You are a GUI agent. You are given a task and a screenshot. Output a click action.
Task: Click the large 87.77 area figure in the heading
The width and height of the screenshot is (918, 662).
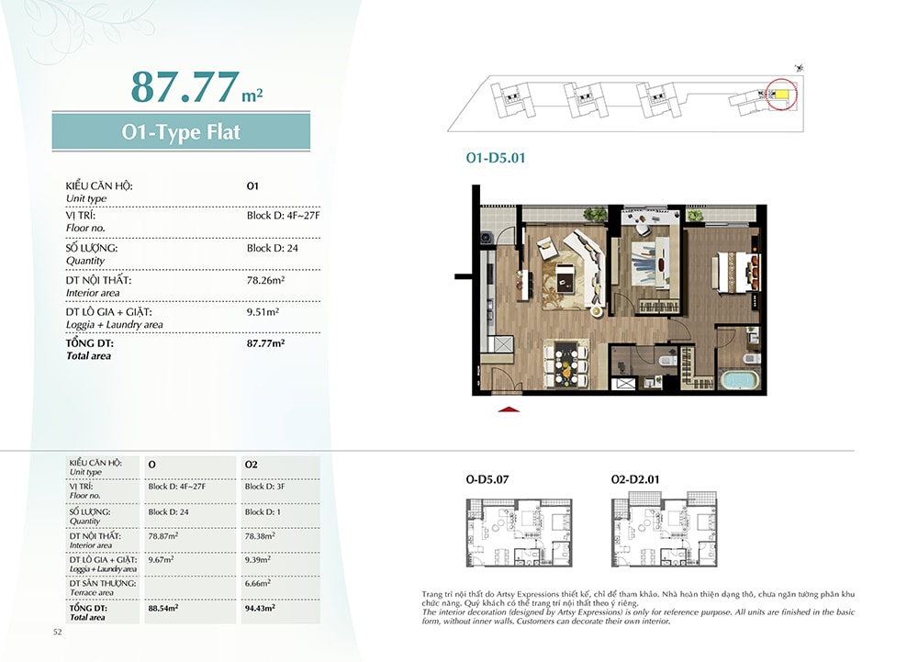(185, 86)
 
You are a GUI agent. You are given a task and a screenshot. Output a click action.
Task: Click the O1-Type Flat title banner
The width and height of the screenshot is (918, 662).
(181, 131)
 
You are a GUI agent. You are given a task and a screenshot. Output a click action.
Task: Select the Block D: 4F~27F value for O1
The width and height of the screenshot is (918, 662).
(283, 216)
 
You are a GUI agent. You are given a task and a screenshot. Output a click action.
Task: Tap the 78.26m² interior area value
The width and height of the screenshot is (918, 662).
(265, 280)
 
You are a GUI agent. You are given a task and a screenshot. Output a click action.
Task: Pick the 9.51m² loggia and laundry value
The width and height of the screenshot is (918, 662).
(263, 311)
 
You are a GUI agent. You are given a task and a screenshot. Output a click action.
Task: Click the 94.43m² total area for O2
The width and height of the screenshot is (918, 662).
(260, 608)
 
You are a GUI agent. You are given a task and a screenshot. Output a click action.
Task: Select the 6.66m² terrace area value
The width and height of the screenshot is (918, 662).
(257, 584)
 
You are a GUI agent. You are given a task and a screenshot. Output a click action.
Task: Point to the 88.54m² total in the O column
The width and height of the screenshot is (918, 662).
(162, 608)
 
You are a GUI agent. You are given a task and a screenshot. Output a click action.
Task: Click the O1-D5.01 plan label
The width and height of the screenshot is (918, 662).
(496, 157)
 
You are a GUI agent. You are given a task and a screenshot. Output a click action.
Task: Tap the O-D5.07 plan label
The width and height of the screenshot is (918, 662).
(487, 479)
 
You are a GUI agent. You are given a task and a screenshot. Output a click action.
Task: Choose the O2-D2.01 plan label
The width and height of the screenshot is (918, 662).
(635, 479)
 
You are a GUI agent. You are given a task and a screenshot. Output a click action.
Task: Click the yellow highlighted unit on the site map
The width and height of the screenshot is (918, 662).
(782, 95)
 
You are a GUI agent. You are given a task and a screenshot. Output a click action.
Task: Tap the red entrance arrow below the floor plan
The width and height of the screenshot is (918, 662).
(509, 410)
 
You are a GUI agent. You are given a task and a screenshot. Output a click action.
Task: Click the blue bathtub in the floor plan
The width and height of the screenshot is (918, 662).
(739, 380)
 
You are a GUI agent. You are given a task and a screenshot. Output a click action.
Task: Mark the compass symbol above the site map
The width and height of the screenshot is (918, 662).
(800, 68)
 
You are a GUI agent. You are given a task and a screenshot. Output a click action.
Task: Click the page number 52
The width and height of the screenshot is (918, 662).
(57, 632)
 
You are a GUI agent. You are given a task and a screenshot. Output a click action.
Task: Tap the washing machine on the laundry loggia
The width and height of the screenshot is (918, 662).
(487, 238)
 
